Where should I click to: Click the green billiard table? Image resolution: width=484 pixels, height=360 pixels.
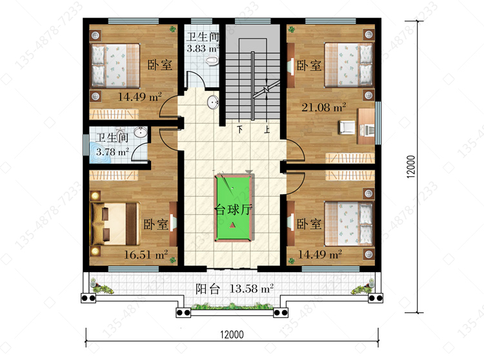232,208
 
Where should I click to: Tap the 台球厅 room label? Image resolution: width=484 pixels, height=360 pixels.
234,210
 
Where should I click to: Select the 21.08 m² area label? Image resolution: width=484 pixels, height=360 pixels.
323,107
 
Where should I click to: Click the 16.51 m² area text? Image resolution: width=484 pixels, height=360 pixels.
146,254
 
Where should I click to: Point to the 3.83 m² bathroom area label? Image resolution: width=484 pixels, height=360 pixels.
203,48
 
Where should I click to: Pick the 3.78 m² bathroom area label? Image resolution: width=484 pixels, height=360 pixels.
112,152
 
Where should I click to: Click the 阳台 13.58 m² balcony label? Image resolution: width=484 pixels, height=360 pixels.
235,289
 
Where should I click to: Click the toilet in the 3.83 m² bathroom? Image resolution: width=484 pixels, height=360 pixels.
212,61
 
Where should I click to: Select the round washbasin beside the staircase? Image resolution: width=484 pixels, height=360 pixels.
213,103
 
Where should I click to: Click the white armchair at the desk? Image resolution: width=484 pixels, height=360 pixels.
348,127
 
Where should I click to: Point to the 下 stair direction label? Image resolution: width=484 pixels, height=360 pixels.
239,129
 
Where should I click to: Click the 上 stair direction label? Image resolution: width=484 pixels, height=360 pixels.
267,129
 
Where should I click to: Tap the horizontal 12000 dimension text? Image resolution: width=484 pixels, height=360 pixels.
232,334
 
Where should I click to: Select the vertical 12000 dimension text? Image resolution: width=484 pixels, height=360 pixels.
411,166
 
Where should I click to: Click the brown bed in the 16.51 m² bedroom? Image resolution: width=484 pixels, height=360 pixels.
115,224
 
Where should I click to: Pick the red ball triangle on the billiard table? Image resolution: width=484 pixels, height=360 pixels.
233,226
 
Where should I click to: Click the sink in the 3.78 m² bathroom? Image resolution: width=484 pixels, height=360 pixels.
141,132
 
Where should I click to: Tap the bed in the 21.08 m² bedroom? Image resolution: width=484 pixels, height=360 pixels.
348,65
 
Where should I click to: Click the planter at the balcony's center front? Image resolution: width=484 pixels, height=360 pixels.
232,306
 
